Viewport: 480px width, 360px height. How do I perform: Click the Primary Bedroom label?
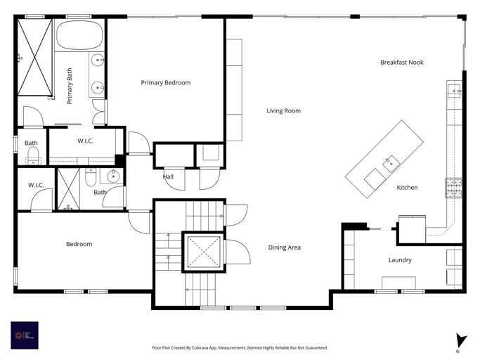click(x=165, y=83)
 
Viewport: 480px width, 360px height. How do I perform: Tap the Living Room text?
click(x=283, y=110)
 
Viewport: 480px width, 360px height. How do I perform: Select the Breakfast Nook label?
click(x=401, y=63)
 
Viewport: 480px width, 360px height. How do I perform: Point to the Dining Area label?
click(x=285, y=247)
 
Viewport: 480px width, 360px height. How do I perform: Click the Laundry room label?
click(x=400, y=260)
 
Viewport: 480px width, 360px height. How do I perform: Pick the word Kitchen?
click(x=407, y=188)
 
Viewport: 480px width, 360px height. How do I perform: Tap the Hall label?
click(x=168, y=177)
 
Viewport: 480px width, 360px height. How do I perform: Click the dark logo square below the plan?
click(x=25, y=335)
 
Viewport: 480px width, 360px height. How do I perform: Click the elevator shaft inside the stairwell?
click(x=202, y=252)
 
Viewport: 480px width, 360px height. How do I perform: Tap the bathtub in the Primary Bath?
click(x=80, y=34)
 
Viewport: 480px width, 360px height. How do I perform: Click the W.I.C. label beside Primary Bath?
click(x=85, y=141)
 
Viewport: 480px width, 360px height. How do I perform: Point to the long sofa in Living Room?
click(x=233, y=90)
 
